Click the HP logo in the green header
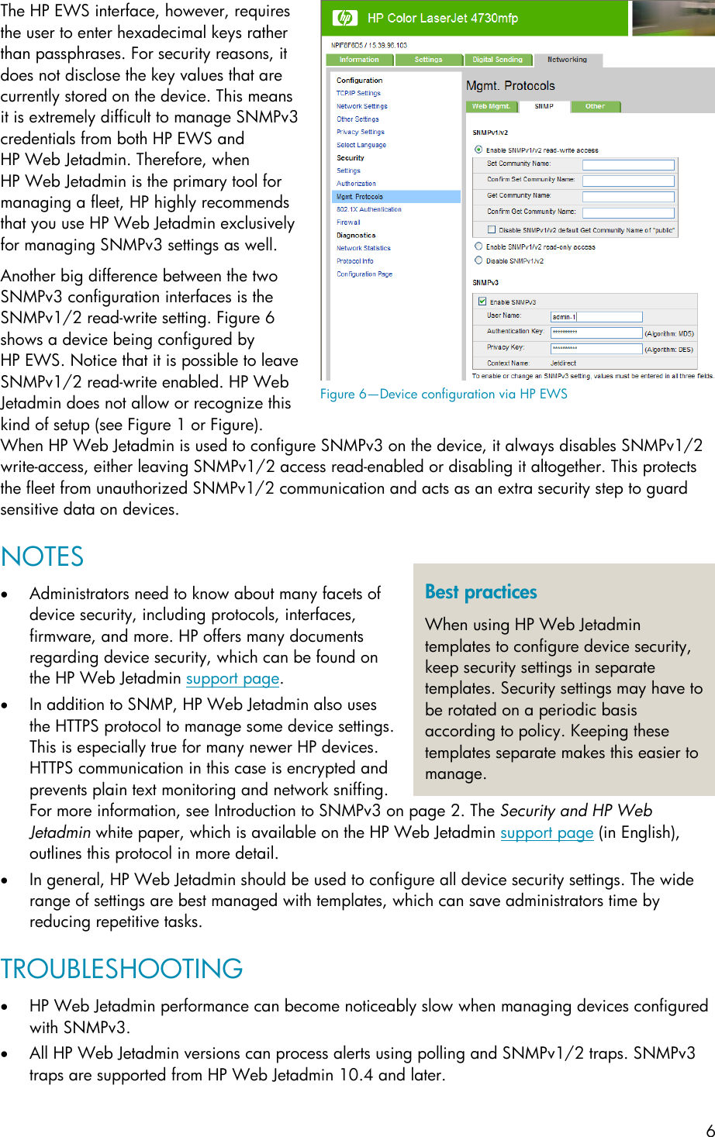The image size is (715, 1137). point(345,18)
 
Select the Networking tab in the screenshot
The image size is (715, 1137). point(567,60)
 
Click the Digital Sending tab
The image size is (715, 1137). point(498,60)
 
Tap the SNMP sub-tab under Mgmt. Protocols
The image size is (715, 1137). point(544,107)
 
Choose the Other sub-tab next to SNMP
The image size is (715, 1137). point(595,107)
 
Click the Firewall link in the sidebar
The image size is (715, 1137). point(348,222)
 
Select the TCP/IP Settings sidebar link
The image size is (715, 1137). point(358,93)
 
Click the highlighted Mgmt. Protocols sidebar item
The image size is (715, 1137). point(360,197)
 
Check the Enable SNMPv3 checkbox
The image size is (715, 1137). point(482,301)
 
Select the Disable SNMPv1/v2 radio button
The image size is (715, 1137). point(478,260)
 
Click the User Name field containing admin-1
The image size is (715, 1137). point(596,316)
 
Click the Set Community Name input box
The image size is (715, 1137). point(628,164)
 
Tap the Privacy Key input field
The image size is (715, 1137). point(596,348)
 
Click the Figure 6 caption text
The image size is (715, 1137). point(444,394)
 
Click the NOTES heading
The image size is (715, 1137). point(43,557)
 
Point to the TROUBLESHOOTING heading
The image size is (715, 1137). point(122,969)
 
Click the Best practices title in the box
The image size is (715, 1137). point(481,592)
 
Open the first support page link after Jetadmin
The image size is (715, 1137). point(232,679)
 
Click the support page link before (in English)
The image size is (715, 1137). point(547,832)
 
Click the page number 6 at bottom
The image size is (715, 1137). point(710,1130)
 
